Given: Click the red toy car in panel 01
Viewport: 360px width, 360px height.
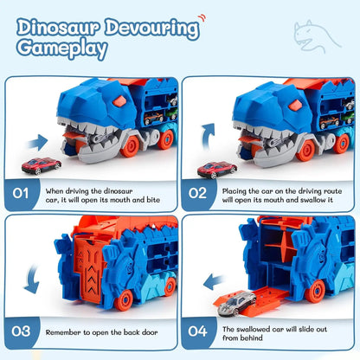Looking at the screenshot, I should [x=42, y=164].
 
